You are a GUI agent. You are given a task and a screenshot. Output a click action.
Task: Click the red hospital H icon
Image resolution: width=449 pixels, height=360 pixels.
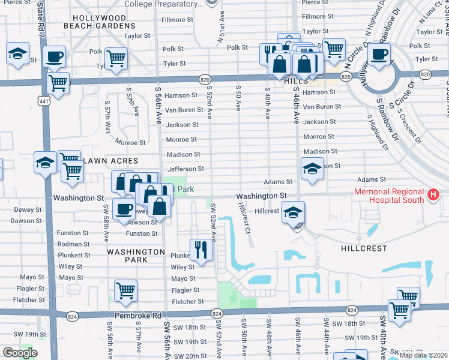[x=432, y=195]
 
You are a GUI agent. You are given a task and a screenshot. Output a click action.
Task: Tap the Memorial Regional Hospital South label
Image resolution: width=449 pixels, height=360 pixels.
[x=389, y=196]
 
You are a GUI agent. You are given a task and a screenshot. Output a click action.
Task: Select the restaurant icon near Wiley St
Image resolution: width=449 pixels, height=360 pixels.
[x=202, y=249]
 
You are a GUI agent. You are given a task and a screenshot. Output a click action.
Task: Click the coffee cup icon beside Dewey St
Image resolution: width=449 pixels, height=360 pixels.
[x=124, y=209]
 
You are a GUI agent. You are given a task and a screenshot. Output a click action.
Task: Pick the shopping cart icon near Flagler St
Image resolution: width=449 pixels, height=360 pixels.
[x=125, y=292]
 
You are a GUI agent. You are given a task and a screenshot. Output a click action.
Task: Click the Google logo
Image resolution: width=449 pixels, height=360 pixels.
[x=20, y=352]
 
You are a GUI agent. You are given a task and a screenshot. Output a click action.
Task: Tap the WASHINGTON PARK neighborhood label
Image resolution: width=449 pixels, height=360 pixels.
[x=136, y=256]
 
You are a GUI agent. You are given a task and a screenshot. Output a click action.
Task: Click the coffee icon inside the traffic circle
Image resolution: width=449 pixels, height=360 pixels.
[x=379, y=55]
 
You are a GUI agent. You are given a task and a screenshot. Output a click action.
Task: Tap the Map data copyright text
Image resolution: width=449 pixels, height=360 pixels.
[x=424, y=355]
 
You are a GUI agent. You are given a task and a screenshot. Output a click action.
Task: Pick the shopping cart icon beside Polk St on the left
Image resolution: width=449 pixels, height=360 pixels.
[x=115, y=59]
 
